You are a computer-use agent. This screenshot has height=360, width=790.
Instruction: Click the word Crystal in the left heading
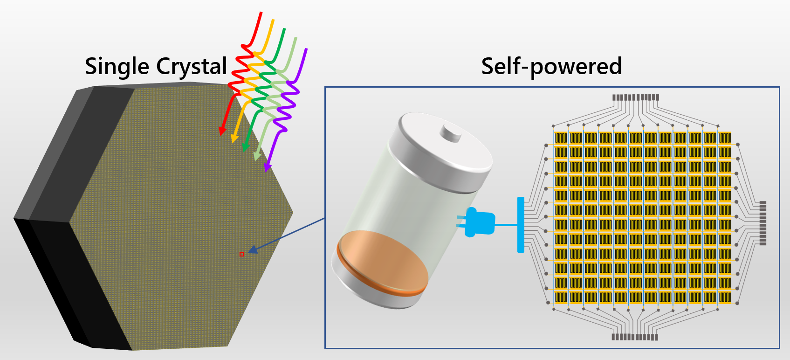coord(192,66)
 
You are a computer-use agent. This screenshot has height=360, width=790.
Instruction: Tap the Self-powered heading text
coord(551,66)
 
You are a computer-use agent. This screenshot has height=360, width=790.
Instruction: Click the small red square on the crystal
coord(241,254)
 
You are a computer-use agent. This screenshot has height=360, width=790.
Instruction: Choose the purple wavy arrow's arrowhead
coord(268,166)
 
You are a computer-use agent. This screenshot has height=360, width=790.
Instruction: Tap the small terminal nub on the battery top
coord(451,132)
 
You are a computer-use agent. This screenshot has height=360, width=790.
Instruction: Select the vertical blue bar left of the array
coord(521,225)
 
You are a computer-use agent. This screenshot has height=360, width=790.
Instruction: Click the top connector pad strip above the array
coord(635,97)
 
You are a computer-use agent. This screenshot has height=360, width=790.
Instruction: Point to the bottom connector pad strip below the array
coord(635,337)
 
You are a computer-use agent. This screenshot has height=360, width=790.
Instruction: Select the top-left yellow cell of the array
coord(561,138)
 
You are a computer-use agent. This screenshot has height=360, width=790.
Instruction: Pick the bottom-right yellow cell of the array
coord(725,297)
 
